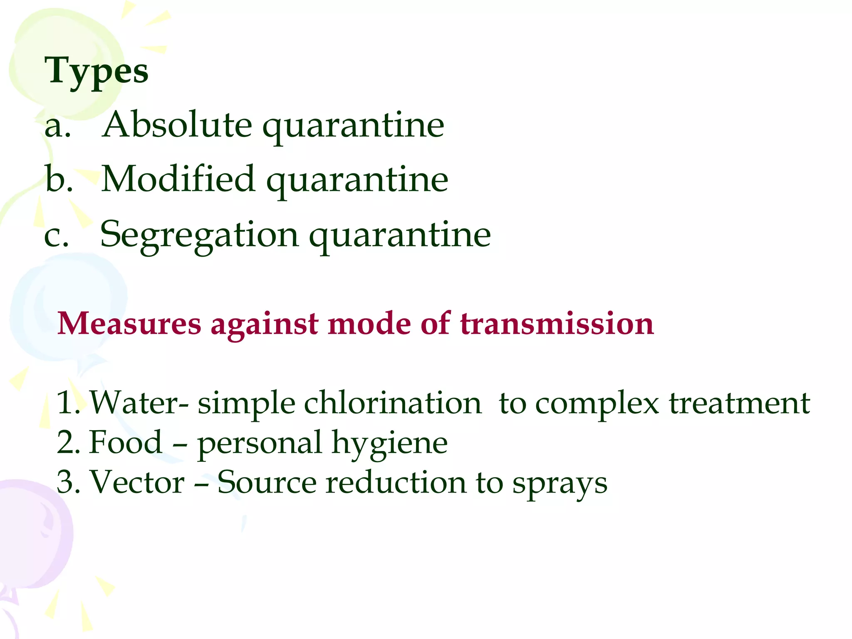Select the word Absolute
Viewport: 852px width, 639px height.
click(x=177, y=124)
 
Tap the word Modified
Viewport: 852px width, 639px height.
click(x=178, y=179)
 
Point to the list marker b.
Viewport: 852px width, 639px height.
click(x=59, y=179)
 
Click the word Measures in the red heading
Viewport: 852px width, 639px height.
click(x=129, y=324)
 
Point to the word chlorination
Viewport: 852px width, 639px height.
click(x=393, y=403)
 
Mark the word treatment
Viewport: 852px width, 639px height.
click(x=739, y=403)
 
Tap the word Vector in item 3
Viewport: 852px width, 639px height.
click(x=137, y=482)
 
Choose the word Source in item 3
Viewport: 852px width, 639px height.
click(x=267, y=482)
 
